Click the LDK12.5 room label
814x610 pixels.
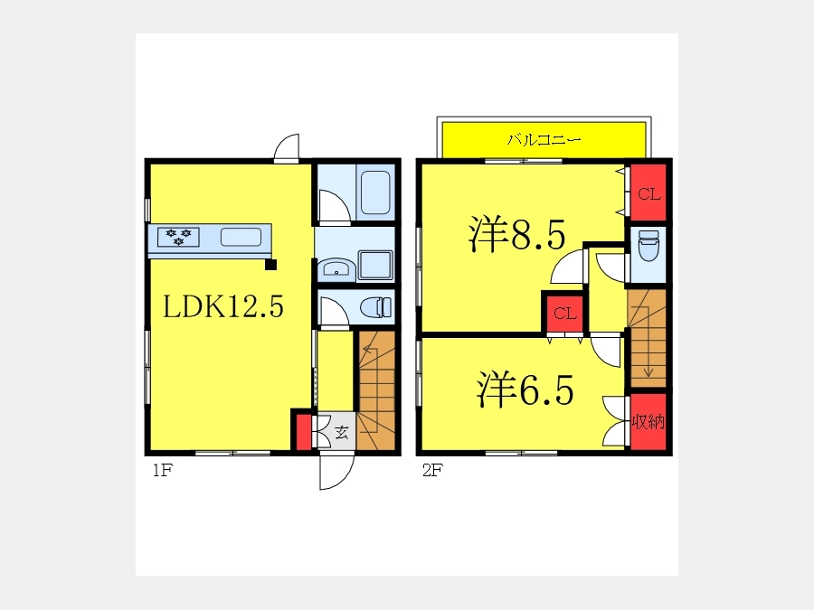click(x=223, y=306)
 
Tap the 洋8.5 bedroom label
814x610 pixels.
click(x=516, y=234)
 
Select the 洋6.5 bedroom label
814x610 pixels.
click(x=525, y=389)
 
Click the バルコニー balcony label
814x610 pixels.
click(x=544, y=139)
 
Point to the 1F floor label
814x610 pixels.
click(x=162, y=471)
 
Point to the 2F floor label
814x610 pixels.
click(x=432, y=471)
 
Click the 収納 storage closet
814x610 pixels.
click(x=648, y=421)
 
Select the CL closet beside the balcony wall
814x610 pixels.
click(x=648, y=193)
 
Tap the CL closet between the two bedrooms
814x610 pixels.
click(x=564, y=314)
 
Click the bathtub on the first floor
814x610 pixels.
click(x=375, y=192)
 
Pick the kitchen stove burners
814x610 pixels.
click(x=178, y=237)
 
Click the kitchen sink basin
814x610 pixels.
click(x=241, y=237)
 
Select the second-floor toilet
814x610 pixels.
click(x=648, y=245)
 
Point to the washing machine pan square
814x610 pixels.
click(x=374, y=266)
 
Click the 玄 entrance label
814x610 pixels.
click(x=342, y=432)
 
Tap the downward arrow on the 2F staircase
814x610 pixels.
click(x=648, y=342)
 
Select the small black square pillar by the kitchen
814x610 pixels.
click(x=270, y=265)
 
